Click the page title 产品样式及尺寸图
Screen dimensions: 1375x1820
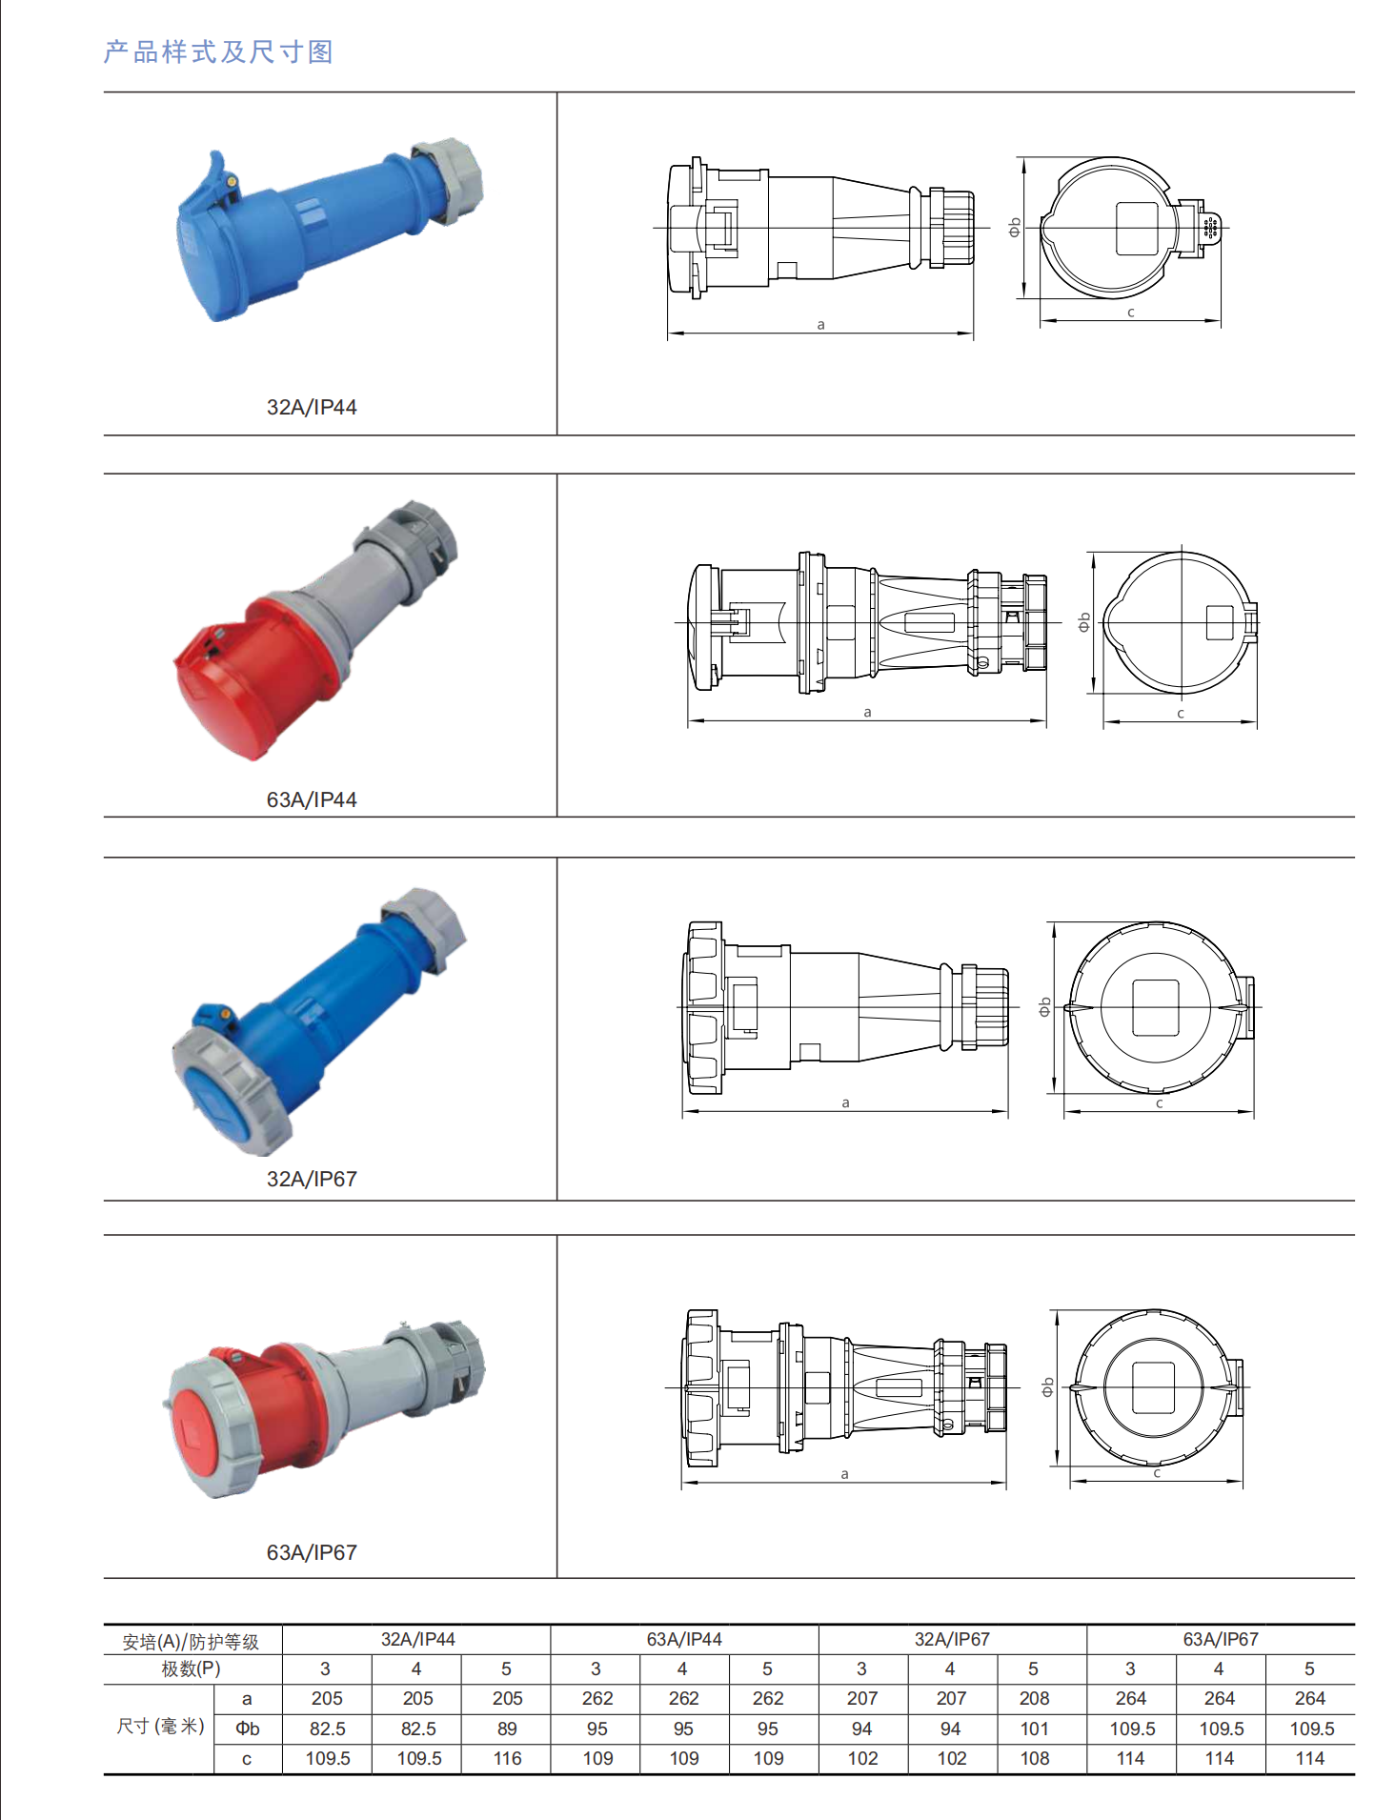point(218,51)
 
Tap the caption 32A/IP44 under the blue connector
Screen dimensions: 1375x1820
point(312,407)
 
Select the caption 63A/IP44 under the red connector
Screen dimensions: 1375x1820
point(312,799)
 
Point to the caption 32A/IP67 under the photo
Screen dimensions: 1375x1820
point(312,1179)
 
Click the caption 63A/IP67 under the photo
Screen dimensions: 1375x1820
point(312,1552)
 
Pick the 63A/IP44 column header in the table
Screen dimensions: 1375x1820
point(684,1639)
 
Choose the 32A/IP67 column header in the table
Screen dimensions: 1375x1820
point(952,1639)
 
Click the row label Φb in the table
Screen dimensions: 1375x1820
point(248,1729)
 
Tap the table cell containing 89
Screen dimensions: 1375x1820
point(507,1729)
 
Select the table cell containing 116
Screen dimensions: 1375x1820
point(507,1758)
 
